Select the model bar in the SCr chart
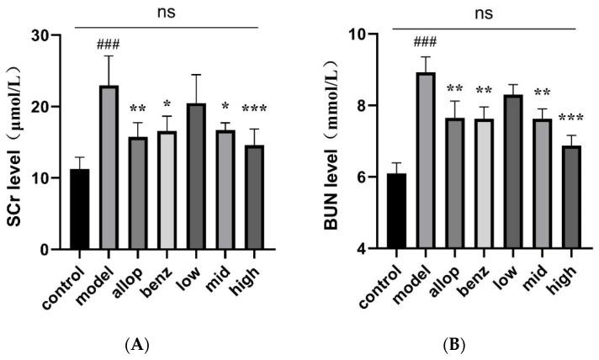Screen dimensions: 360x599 pos(108,167)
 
